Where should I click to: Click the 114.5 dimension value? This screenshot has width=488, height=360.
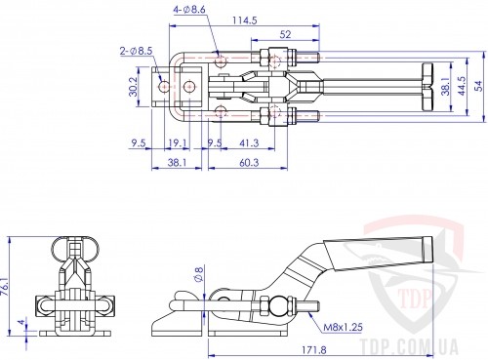coord(245,20)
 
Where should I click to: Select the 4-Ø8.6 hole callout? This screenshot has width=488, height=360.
coord(189,10)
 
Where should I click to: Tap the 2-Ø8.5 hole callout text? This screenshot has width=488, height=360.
coord(136,51)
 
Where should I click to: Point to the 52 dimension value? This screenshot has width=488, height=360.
coord(285,34)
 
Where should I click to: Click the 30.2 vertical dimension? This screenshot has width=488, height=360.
coord(134,87)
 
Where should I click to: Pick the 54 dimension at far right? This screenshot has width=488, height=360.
coord(479,87)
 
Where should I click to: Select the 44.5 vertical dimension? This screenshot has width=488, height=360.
coord(462,86)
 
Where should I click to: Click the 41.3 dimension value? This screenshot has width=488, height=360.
coord(249,142)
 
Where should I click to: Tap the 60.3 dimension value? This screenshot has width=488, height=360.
coord(249,162)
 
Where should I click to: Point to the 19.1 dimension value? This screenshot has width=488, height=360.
coord(177,142)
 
